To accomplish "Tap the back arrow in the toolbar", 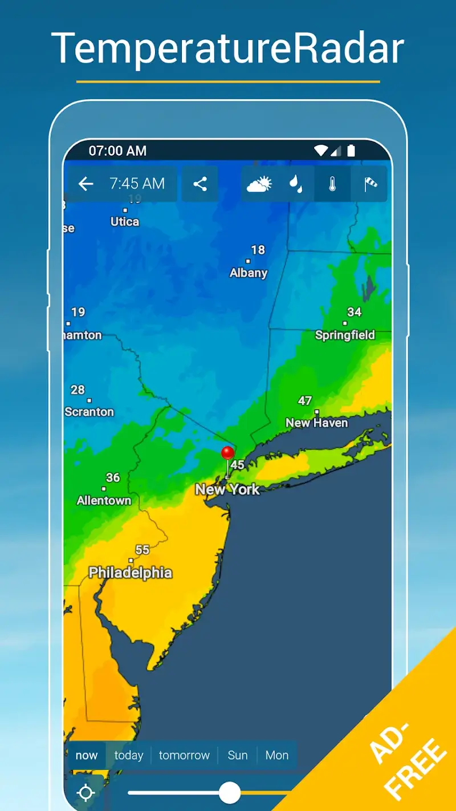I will (x=85, y=184).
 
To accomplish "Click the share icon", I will (x=200, y=184).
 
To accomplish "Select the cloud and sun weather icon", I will (x=259, y=184).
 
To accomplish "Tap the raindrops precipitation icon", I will (x=295, y=184).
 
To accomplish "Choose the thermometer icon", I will (x=332, y=184).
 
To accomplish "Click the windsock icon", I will (x=370, y=184).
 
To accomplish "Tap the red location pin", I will (x=227, y=454).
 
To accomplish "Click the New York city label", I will (x=227, y=489).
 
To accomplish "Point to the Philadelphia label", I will (x=131, y=573).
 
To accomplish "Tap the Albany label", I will (x=249, y=273).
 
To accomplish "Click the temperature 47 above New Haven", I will (x=305, y=400).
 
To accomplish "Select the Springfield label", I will (x=345, y=335).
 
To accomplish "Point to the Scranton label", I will (x=89, y=412).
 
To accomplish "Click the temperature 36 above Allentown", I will (x=113, y=477).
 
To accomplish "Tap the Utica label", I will (x=125, y=222).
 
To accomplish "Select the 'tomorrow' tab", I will (x=184, y=755).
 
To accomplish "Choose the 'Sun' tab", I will (x=238, y=755).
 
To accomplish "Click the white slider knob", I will (x=230, y=792).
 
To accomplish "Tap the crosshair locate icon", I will (x=86, y=793).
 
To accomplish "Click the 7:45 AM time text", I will (x=137, y=184).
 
